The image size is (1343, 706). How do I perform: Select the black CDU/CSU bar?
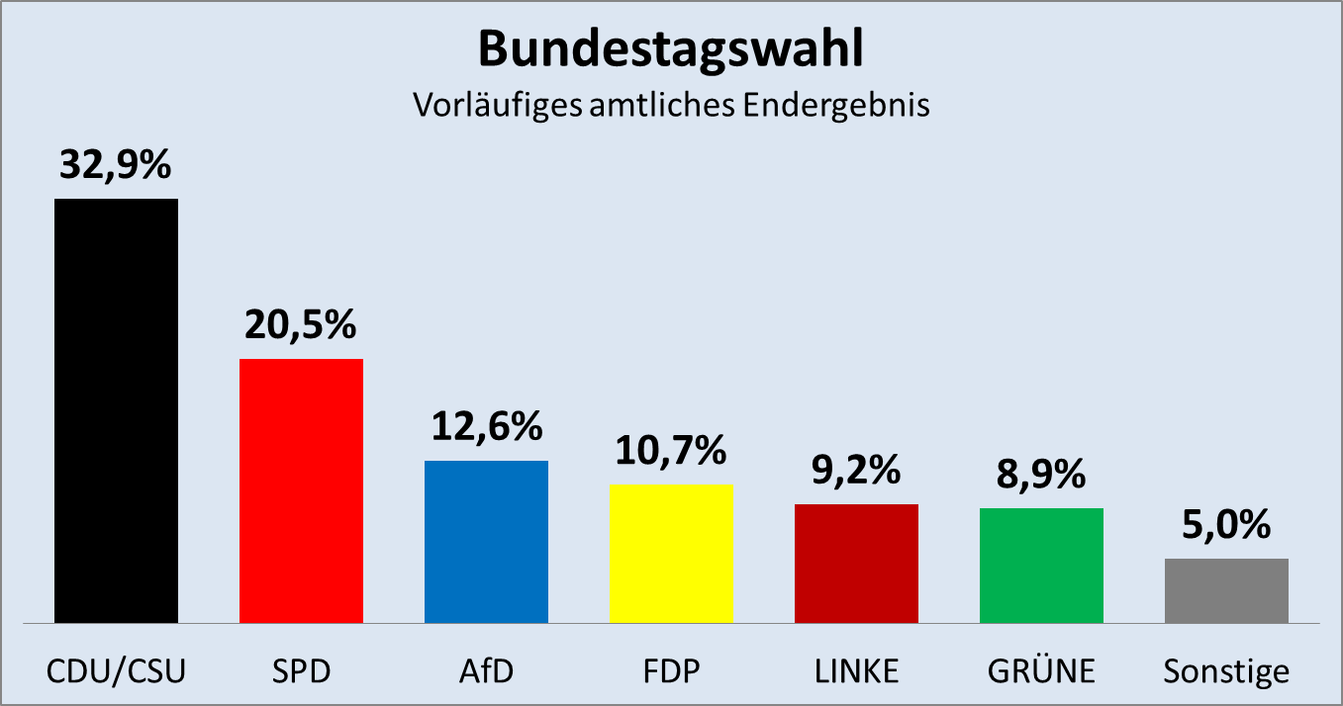coord(117,410)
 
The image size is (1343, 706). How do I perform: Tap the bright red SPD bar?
coord(302,490)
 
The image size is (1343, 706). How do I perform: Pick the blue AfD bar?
coord(486,542)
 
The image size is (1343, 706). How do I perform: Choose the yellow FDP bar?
coord(671,554)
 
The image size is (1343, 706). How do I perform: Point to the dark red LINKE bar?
coord(856,564)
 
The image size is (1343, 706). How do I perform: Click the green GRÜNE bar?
coord(1041,566)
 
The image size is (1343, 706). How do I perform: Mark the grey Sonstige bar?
coord(1226,590)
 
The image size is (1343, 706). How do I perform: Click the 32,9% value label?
coord(116,165)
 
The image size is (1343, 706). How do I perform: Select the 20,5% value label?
coord(301,325)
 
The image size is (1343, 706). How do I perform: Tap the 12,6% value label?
coord(486,427)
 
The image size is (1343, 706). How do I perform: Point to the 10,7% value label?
coord(671,451)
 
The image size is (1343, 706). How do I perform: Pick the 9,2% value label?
coord(856,471)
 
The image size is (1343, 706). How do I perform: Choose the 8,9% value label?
coord(1041,475)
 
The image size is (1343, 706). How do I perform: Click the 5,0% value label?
coord(1226,525)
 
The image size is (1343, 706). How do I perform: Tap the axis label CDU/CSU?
coord(117,671)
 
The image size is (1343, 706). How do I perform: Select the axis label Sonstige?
coord(1226,672)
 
